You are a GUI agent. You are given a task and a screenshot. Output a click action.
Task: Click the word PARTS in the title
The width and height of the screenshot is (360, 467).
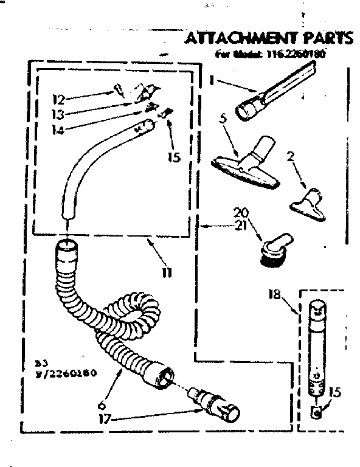pyautogui.click(x=328, y=38)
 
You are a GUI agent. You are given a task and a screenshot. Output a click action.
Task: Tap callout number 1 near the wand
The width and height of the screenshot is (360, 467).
pyautogui.click(x=212, y=80)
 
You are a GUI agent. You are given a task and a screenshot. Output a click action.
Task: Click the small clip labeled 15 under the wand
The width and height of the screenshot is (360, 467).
pyautogui.click(x=317, y=413)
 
